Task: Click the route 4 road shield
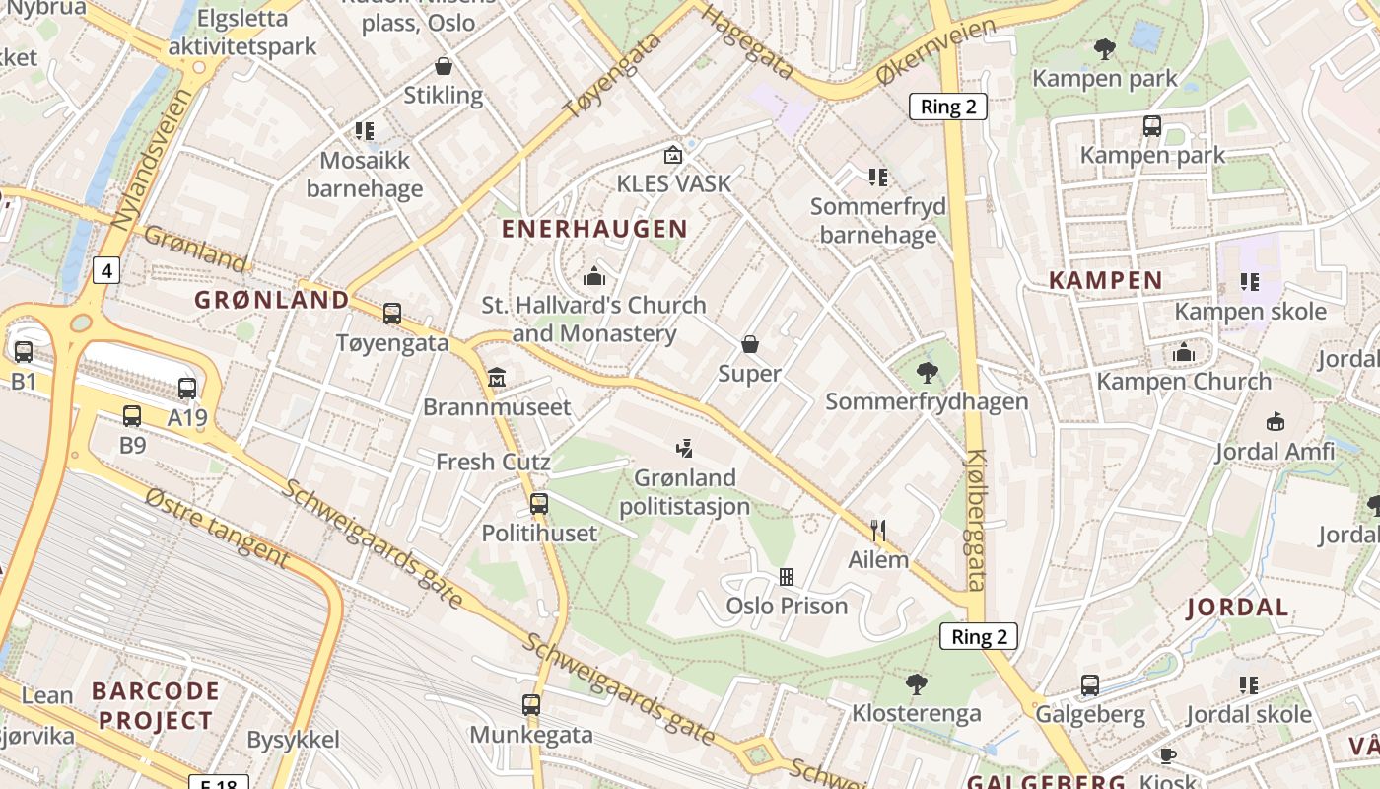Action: [x=106, y=270]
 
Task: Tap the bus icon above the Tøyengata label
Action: [x=392, y=314]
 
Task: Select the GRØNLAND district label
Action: [x=272, y=300]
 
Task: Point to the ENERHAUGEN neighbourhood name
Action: [x=594, y=229]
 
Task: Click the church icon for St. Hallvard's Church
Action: [x=594, y=275]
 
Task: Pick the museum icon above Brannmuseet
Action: [x=497, y=377]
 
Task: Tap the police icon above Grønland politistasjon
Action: [x=684, y=449]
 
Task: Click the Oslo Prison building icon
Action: [x=787, y=576]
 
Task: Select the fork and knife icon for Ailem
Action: [x=878, y=531]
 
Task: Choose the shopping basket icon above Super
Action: [x=749, y=344]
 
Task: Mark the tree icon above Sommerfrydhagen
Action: [x=927, y=372]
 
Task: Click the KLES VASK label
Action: [x=674, y=183]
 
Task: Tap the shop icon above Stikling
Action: [x=444, y=66]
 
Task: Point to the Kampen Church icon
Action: [x=1184, y=352]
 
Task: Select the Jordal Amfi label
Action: [x=1275, y=452]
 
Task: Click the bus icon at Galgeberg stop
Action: [x=1090, y=684]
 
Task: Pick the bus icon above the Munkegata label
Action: [x=531, y=705]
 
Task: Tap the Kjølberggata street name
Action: [x=975, y=520]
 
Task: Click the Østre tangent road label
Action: [x=217, y=528]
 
